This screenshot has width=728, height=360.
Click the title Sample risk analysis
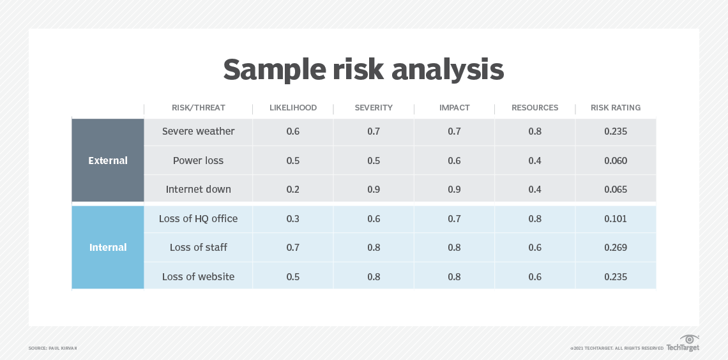tap(363, 70)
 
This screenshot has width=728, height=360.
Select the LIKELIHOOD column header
tap(292, 108)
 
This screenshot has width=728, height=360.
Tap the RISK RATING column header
tap(616, 108)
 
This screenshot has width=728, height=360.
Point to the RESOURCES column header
tap(535, 108)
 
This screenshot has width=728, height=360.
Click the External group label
tap(108, 161)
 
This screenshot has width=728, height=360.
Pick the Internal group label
tap(108, 248)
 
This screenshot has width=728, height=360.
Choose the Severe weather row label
tap(198, 131)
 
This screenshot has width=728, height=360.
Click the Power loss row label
tap(198, 161)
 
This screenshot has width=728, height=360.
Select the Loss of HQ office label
tap(198, 219)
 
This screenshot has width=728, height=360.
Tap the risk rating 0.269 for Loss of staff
tap(616, 248)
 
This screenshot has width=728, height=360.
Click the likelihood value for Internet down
tap(292, 190)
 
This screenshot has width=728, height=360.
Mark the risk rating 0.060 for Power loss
tap(616, 161)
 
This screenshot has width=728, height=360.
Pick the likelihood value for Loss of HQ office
tap(292, 219)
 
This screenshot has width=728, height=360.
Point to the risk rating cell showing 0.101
tap(616, 219)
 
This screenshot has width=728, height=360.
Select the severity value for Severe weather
tap(374, 131)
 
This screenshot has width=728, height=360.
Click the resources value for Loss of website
tap(535, 277)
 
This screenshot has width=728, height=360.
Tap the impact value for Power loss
tap(454, 161)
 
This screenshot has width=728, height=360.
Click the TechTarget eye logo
tap(689, 339)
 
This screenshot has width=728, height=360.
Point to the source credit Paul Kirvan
tap(53, 348)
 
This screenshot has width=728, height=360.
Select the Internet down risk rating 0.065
tap(616, 190)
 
